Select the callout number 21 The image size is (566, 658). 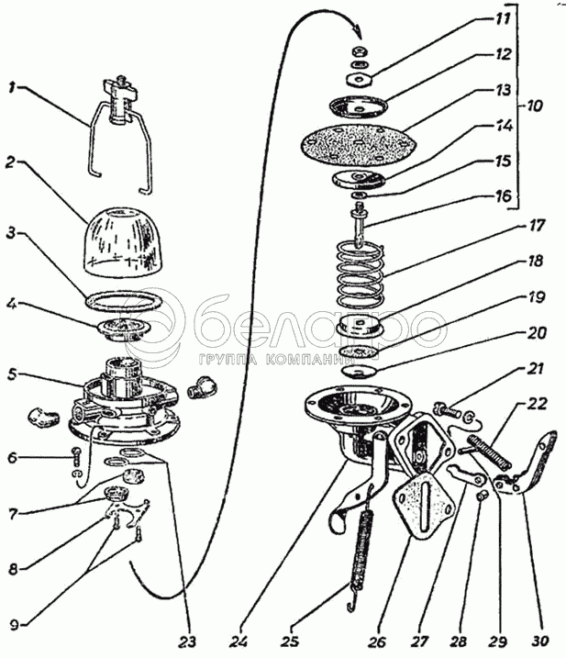coord(534,370)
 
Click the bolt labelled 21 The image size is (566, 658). coord(446,412)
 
